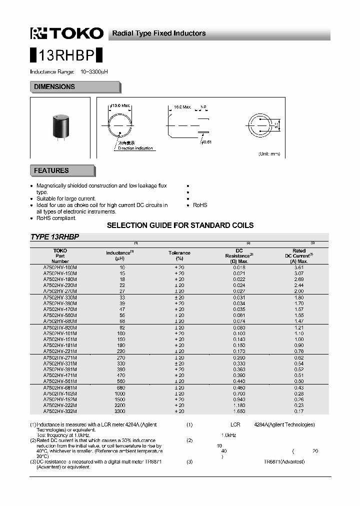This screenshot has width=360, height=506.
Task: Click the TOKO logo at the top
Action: pyautogui.click(x=67, y=33)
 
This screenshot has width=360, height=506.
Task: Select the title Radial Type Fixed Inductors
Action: pyautogui.click(x=158, y=33)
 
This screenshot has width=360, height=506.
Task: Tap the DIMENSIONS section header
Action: pyautogui.click(x=54, y=87)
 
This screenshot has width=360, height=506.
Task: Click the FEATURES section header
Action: pyautogui.click(x=51, y=170)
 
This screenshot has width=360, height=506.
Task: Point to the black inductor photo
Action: pyautogui.click(x=60, y=127)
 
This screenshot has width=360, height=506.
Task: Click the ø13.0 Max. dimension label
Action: pyautogui.click(x=119, y=106)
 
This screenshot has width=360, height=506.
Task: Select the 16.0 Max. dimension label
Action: pyautogui.click(x=182, y=106)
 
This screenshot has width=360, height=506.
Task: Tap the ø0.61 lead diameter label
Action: pyautogui.click(x=206, y=142)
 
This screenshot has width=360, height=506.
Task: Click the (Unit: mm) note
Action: pyautogui.click(x=269, y=153)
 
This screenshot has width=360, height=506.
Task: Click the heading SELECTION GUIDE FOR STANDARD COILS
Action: pyautogui.click(x=180, y=225)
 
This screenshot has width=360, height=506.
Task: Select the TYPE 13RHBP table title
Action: pyautogui.click(x=55, y=237)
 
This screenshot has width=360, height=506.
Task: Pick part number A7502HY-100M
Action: pyautogui.click(x=60, y=267)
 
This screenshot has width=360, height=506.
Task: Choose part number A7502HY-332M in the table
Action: pyautogui.click(x=60, y=411)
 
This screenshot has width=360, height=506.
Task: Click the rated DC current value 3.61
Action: pyautogui.click(x=298, y=267)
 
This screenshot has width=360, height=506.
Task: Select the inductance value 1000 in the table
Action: pyautogui.click(x=119, y=393)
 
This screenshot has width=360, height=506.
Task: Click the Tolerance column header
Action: pyautogui.click(x=179, y=255)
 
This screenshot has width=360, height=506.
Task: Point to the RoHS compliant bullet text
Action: pyautogui.click(x=56, y=218)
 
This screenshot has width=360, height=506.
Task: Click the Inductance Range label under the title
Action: pyautogui.click(x=52, y=72)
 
